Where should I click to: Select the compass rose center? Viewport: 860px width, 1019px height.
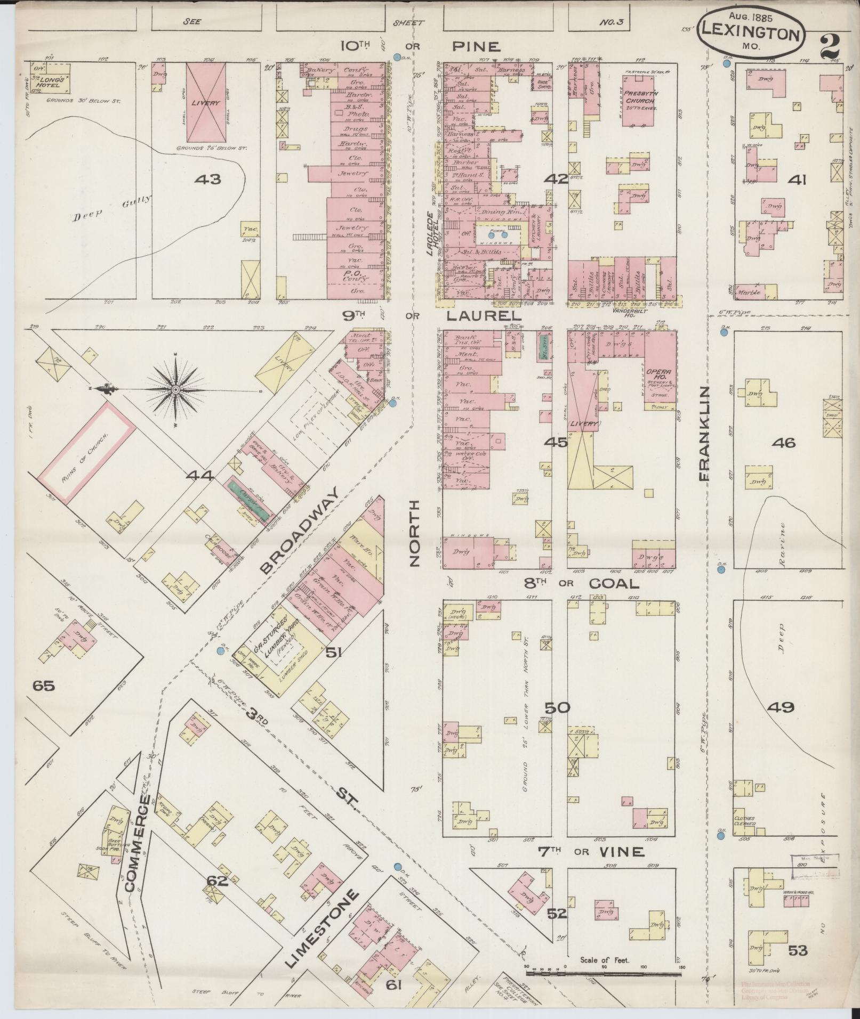(175, 390)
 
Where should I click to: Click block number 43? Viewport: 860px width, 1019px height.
(207, 180)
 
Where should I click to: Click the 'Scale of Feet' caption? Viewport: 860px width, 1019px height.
(604, 960)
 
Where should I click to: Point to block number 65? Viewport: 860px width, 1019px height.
(44, 686)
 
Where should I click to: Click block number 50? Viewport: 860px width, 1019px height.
(557, 708)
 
